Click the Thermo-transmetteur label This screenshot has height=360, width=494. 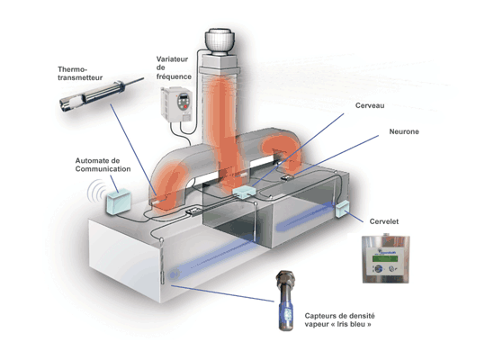(x=80, y=74)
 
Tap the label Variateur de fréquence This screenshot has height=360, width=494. (x=174, y=67)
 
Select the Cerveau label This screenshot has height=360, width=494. (x=370, y=105)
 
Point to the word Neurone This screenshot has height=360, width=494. (x=404, y=131)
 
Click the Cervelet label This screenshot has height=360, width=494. (x=383, y=221)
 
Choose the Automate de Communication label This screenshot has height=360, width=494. (x=103, y=165)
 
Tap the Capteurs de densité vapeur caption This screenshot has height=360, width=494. (x=339, y=320)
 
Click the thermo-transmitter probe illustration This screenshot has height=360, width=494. (x=101, y=94)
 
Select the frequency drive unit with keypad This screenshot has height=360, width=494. (x=176, y=104)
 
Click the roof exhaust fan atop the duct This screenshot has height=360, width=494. (x=219, y=41)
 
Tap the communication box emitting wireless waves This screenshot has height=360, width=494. (x=118, y=202)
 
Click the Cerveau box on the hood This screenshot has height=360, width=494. (x=245, y=192)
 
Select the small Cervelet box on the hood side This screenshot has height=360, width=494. (x=342, y=209)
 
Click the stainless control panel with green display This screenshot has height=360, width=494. (x=385, y=259)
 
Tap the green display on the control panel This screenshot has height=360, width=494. (x=385, y=258)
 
